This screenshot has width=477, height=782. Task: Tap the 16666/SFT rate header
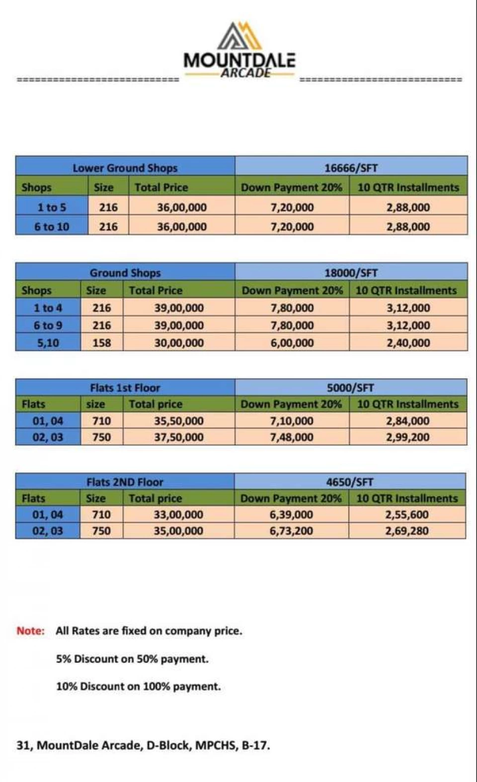(351, 168)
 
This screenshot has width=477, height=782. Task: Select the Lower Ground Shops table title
(125, 168)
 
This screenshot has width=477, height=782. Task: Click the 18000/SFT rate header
(351, 273)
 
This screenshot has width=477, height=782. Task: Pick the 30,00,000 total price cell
(179, 343)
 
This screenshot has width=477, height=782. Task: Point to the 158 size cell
(101, 343)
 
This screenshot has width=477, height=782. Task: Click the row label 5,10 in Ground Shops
(48, 343)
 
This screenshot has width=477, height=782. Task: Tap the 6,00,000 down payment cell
(292, 343)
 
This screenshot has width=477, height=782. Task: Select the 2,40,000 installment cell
(408, 343)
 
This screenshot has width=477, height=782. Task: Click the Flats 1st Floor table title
(125, 388)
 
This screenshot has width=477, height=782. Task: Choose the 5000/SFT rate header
(350, 388)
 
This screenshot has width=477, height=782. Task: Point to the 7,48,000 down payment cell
(292, 437)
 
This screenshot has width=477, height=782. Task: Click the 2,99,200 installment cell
(407, 437)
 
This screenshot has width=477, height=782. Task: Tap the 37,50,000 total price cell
(178, 437)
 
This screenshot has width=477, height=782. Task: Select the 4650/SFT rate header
(350, 482)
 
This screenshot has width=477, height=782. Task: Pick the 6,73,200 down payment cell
(291, 531)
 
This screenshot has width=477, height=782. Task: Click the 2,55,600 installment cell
(406, 514)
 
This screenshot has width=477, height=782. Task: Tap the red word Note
(30, 631)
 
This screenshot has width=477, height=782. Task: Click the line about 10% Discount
(138, 686)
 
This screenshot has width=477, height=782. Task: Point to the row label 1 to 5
(52, 207)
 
